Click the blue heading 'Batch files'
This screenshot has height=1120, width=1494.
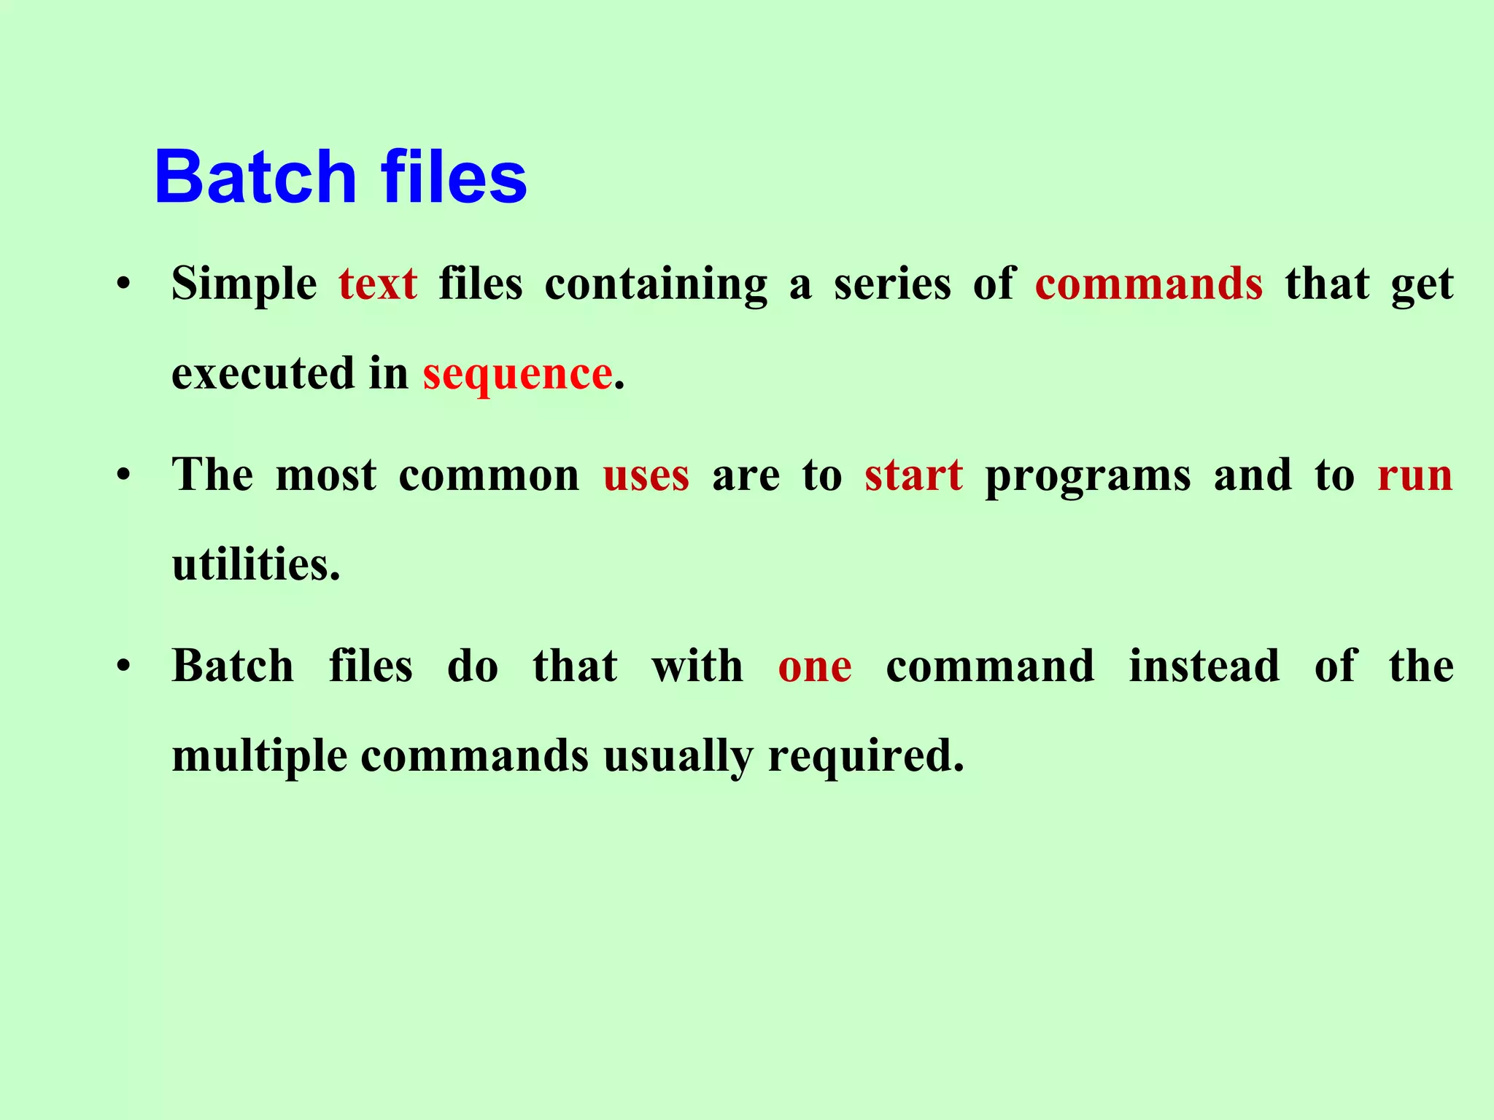pyautogui.click(x=340, y=177)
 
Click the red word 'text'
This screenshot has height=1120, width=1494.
pyautogui.click(x=378, y=284)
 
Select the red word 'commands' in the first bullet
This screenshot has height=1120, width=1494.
pyautogui.click(x=1148, y=284)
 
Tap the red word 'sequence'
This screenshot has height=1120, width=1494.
pyautogui.click(x=517, y=375)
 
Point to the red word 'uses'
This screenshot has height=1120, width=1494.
pyautogui.click(x=646, y=475)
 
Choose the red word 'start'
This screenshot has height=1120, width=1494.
pyautogui.click(x=913, y=475)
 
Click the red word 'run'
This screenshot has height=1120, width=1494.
pyautogui.click(x=1414, y=475)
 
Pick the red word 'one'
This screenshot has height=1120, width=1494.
pyautogui.click(x=814, y=666)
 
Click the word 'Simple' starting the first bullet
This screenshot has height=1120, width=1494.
pyautogui.click(x=244, y=284)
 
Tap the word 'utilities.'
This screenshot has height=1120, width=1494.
pyautogui.click(x=256, y=565)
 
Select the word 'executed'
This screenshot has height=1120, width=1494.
pyautogui.click(x=263, y=375)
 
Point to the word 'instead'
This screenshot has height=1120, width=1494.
pyautogui.click(x=1204, y=666)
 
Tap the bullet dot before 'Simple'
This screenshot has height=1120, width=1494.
pyautogui.click(x=123, y=284)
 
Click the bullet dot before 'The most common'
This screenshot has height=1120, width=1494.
pyautogui.click(x=123, y=475)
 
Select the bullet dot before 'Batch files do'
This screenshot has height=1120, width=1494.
pyautogui.click(x=123, y=666)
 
